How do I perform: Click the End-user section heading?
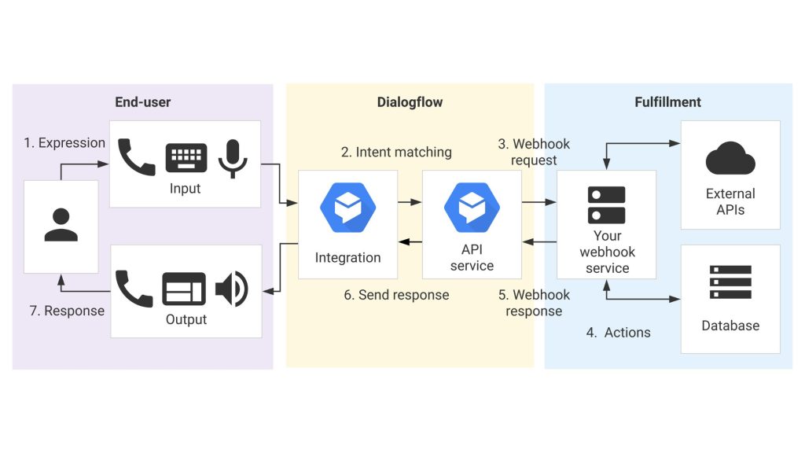click(x=142, y=102)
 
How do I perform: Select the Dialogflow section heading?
click(x=410, y=102)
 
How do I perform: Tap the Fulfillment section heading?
click(x=667, y=102)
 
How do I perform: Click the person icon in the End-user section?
click(x=61, y=224)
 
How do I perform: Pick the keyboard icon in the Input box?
click(x=186, y=157)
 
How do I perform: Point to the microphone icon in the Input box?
click(x=233, y=157)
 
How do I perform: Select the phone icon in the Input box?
click(x=136, y=157)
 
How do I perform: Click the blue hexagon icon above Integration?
click(x=347, y=208)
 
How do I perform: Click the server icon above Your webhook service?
click(x=606, y=204)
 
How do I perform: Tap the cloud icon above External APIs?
click(x=730, y=158)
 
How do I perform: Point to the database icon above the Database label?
click(x=730, y=282)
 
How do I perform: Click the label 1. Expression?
click(x=64, y=143)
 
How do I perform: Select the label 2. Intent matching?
click(x=396, y=152)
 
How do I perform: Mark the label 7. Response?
click(x=67, y=311)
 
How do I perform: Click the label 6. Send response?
click(x=396, y=295)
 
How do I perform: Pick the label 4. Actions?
click(x=618, y=333)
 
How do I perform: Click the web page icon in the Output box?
click(x=183, y=289)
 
